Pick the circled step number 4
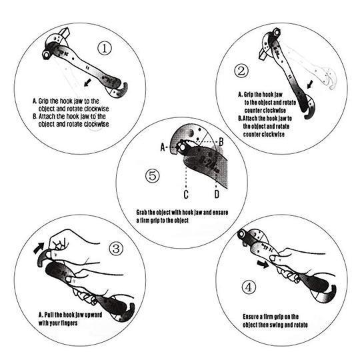(249, 288)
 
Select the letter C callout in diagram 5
(186, 194)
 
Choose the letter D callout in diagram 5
(217, 194)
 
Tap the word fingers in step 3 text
(79, 323)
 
